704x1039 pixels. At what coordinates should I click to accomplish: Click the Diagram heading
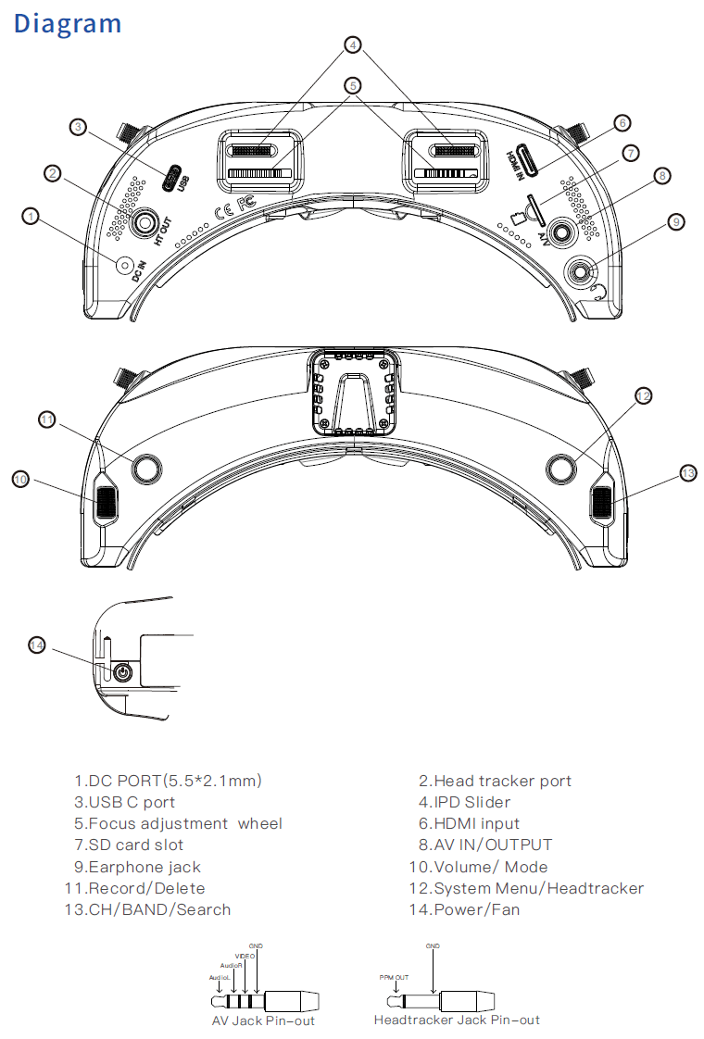point(68,22)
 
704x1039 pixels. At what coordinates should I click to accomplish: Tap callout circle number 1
point(32,216)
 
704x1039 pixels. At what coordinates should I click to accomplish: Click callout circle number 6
point(622,122)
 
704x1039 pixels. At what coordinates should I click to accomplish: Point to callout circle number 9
point(676,221)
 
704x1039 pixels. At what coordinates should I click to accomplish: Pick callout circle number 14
point(37,645)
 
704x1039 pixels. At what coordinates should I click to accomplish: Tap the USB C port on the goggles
point(172,178)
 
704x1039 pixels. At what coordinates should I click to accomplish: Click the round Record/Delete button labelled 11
point(144,469)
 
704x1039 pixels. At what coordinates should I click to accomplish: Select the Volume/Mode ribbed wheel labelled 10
point(106,501)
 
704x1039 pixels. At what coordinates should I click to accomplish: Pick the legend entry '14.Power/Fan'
point(463,909)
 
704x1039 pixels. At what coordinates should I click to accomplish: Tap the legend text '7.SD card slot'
point(129,845)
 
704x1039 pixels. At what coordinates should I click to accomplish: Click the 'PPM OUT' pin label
point(394,977)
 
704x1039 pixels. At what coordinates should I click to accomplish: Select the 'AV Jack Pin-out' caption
point(263,1020)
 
